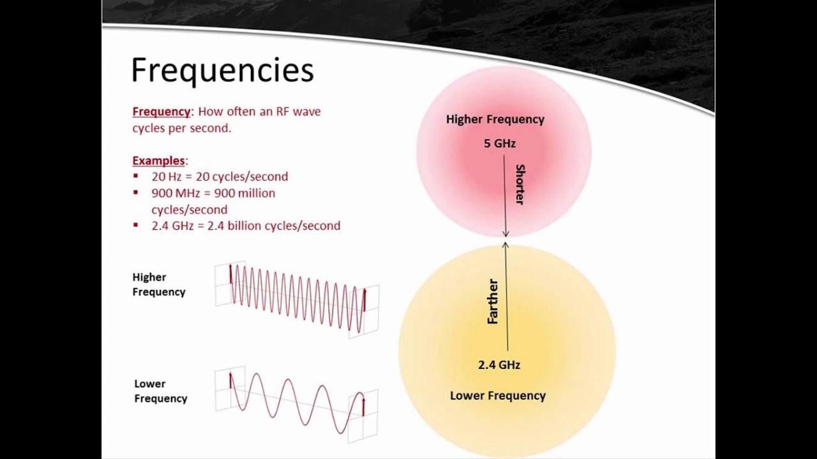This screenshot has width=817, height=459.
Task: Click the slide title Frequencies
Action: coord(222,71)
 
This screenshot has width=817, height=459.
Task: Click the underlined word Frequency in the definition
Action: coord(161,112)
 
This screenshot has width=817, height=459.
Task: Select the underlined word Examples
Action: coord(158,161)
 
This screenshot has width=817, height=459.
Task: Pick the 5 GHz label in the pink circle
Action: coord(499,143)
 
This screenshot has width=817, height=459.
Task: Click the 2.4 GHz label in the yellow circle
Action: coord(499,365)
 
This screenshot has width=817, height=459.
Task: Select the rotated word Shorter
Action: coord(520,184)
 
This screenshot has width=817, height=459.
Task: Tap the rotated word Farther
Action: coord(492,302)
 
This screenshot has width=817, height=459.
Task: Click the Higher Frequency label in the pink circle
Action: coord(495,119)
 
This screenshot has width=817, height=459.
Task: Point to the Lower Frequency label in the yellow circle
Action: coord(498,396)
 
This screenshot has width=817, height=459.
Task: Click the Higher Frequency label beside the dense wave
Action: coord(159,284)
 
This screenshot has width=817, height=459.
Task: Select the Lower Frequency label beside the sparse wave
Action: coord(160,391)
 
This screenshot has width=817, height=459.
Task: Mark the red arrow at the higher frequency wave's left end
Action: coord(230,272)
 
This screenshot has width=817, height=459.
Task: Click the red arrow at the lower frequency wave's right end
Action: coord(363,407)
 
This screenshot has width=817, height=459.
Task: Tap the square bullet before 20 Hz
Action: coord(135,176)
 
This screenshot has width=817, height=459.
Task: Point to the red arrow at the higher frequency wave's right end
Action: coord(364,300)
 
